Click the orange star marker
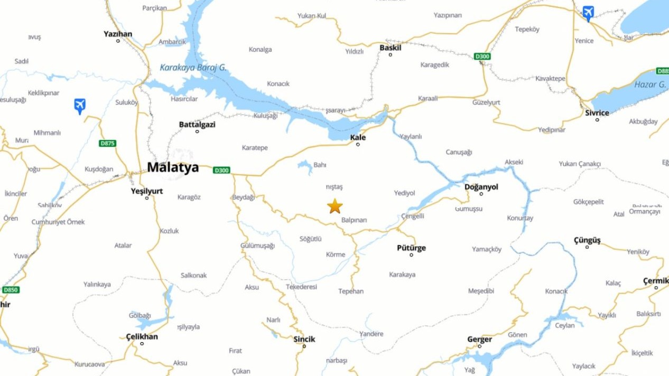[x=334, y=206]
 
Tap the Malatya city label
[x=173, y=167]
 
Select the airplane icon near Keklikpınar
[x=80, y=106]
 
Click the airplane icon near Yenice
[x=588, y=13]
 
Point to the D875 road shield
[x=107, y=143]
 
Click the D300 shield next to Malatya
[x=221, y=170]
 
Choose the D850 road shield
[x=10, y=290]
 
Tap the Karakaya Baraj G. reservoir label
[x=193, y=68]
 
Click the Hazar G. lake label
[x=650, y=84]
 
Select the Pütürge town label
[x=411, y=248]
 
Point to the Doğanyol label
[x=481, y=187]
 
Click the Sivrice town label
[x=597, y=113]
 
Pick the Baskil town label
[x=391, y=48]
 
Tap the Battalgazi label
[x=197, y=125]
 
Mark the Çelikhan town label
[x=142, y=336]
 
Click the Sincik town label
[x=304, y=339]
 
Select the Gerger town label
[x=479, y=339]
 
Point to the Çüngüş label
[x=587, y=240]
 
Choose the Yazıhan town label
[x=118, y=34]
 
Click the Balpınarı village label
[x=354, y=220]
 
